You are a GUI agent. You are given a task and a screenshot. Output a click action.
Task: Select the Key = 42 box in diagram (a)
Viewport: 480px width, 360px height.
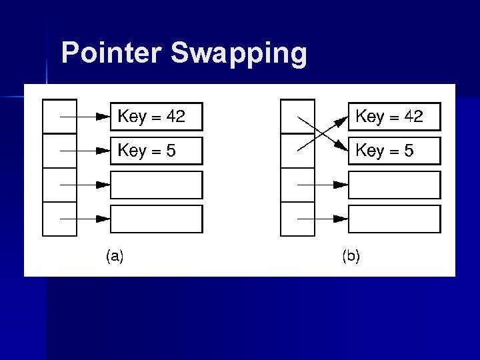156,117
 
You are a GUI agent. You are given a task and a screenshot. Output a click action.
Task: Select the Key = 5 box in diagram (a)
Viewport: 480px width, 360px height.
156,151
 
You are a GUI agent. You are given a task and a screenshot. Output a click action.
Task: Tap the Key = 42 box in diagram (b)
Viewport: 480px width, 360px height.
394,117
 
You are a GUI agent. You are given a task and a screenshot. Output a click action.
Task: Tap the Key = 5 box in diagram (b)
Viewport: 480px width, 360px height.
394,151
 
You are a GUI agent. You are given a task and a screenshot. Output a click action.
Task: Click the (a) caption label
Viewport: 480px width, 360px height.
115,255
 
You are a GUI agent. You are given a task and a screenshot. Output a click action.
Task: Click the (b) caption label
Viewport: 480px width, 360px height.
351,255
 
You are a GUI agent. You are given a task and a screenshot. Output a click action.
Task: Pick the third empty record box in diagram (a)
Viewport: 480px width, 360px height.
156,185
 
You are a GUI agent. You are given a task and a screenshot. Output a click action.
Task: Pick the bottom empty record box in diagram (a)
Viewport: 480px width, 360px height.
156,219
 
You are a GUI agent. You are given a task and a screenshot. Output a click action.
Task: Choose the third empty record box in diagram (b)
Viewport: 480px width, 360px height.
394,185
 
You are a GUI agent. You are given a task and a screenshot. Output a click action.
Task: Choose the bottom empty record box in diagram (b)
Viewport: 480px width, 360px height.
394,219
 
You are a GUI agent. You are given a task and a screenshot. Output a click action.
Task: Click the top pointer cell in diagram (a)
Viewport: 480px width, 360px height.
59,117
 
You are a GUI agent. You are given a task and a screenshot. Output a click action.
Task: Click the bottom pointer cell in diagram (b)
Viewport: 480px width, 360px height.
297,219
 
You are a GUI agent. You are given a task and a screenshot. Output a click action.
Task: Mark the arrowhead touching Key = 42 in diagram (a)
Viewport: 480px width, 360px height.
103,117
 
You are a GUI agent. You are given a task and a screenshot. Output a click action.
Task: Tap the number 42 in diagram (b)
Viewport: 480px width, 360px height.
413,117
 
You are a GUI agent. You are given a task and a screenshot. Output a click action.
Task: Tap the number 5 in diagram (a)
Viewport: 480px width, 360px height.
171,151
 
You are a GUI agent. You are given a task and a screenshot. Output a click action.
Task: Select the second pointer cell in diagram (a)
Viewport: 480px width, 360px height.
59,151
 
